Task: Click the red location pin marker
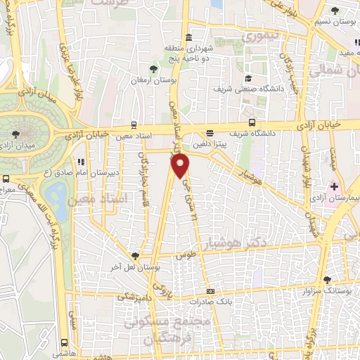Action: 181,166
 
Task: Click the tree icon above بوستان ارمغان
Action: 153,67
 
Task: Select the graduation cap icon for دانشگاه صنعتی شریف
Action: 248,77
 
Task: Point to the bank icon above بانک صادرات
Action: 210,292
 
